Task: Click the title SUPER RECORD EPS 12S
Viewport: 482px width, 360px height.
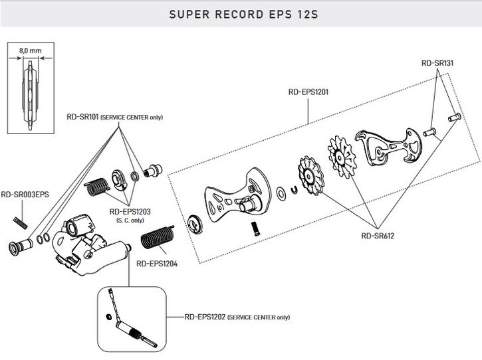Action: [241, 13]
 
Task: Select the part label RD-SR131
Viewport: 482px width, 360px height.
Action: [437, 64]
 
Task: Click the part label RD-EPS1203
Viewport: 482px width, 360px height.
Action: [130, 211]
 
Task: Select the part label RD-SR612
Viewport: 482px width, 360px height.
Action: [378, 234]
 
